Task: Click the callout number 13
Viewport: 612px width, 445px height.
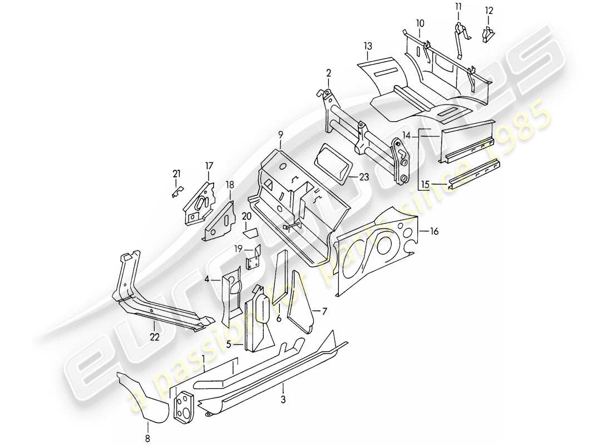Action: (x=368, y=46)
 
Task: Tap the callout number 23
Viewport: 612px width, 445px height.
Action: (x=363, y=179)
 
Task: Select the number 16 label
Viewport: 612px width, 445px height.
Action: (x=434, y=232)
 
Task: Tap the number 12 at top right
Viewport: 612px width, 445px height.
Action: (x=489, y=11)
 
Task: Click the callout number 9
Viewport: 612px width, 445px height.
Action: (x=281, y=134)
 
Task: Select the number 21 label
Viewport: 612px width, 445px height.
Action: (x=176, y=174)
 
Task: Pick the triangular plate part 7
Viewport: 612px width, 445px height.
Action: (x=299, y=300)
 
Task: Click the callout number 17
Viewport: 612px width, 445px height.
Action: (x=209, y=165)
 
